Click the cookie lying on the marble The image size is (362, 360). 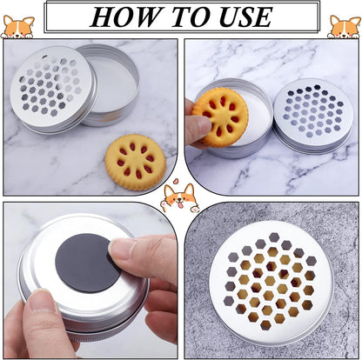click(136, 162)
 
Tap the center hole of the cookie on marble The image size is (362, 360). click(136, 162)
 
